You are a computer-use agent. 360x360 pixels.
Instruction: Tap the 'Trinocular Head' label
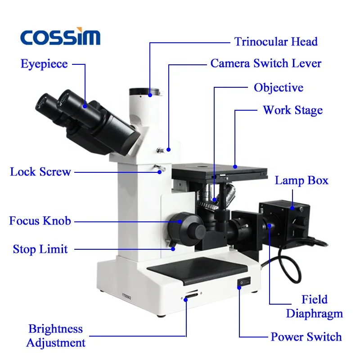tap(276, 42)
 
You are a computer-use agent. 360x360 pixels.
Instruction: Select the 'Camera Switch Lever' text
tap(266, 63)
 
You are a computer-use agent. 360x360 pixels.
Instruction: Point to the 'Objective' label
tap(279, 87)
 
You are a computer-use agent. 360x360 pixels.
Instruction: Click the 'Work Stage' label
tap(292, 110)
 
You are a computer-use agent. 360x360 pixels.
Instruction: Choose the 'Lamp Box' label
tap(301, 181)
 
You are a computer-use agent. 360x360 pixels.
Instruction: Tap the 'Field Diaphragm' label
tap(315, 306)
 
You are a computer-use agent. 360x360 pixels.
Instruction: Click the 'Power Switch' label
tap(306, 337)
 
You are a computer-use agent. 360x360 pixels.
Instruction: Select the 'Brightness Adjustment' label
tap(56, 336)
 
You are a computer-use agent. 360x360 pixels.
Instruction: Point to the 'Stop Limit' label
tap(40, 249)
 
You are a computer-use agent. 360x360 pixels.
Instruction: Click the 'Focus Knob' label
tap(40, 221)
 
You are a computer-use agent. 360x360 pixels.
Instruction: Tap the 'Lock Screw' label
tap(40, 171)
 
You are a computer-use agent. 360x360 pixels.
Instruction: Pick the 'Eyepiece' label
tap(44, 64)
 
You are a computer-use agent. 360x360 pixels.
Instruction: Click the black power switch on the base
tap(243, 283)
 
